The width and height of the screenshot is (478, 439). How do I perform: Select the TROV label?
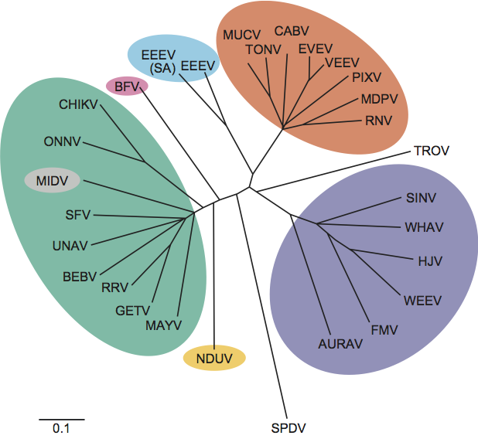click(432, 150)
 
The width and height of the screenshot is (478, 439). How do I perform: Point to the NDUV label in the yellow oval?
click(214, 358)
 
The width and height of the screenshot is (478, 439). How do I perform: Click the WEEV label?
click(422, 300)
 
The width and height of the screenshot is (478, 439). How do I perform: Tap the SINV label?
click(422, 198)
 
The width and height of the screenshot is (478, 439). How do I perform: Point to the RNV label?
click(379, 120)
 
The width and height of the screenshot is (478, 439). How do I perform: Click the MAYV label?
click(163, 325)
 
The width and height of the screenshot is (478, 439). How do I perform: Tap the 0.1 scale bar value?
click(61, 427)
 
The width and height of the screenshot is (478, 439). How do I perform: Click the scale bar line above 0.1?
click(61, 418)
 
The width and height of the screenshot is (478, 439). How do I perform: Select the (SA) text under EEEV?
click(161, 69)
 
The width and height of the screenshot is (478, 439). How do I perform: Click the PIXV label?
click(367, 77)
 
